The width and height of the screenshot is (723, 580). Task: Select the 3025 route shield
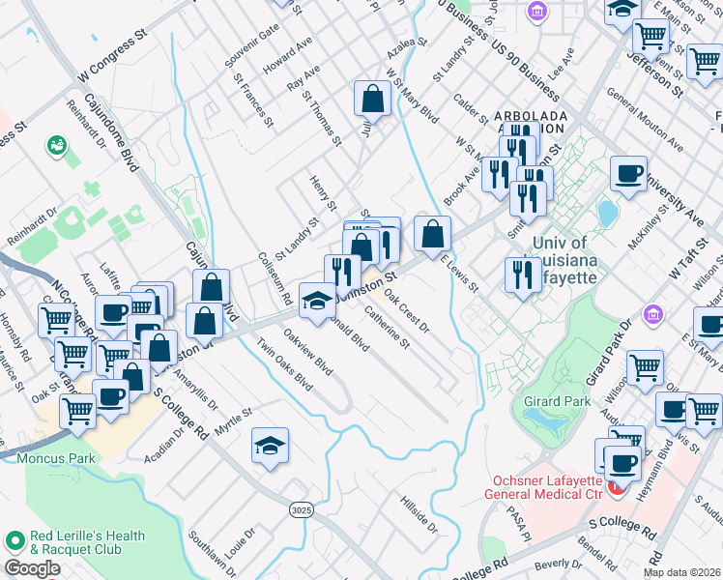301,507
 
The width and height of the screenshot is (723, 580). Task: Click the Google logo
32,568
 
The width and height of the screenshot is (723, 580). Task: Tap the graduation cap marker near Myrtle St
271,446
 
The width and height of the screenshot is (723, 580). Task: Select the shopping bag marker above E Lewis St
433,232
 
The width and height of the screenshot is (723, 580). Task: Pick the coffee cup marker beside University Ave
628,174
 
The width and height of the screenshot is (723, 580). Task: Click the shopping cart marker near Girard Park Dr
645,367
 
